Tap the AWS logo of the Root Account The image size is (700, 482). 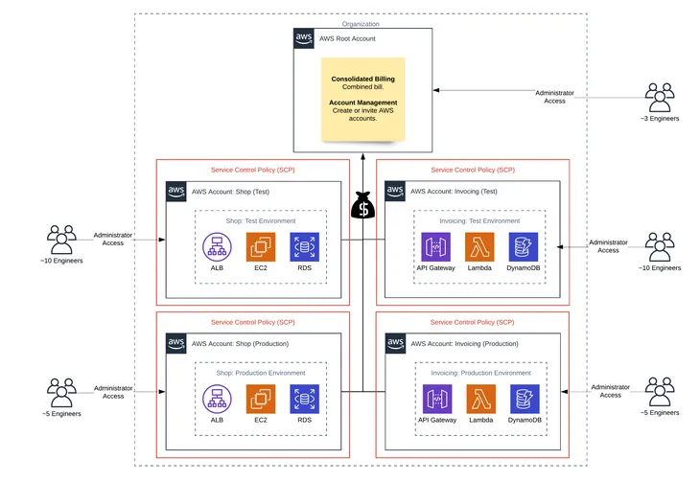tap(304, 38)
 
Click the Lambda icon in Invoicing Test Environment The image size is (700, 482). tap(479, 246)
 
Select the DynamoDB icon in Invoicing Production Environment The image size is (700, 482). tap(524, 400)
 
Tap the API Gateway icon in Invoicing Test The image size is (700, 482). tap(436, 246)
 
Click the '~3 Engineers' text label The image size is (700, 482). tap(660, 118)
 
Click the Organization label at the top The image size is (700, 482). tap(361, 24)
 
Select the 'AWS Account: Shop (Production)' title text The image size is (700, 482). tap(240, 343)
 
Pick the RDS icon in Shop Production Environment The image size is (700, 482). tap(305, 400)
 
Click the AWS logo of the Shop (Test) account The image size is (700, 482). tap(176, 191)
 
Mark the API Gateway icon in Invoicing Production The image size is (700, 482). tap(436, 400)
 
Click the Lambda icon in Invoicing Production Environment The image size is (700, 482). tap(480, 400)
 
